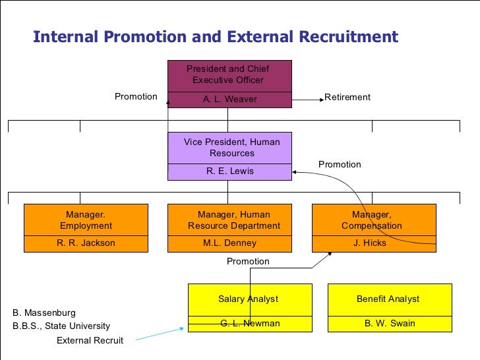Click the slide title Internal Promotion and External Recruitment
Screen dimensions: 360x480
pyautogui.click(x=216, y=36)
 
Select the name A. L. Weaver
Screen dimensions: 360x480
pyautogui.click(x=229, y=100)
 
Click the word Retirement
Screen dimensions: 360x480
pyautogui.click(x=347, y=98)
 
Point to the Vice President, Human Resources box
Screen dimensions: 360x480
pyautogui.click(x=231, y=148)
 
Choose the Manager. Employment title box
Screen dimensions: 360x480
pyautogui.click(x=86, y=220)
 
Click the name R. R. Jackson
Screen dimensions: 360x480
pyautogui.click(x=86, y=243)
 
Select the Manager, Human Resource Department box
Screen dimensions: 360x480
pyautogui.click(x=233, y=220)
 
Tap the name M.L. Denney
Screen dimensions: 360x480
pyautogui.click(x=229, y=243)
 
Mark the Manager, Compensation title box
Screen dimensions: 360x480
pyautogui.click(x=372, y=220)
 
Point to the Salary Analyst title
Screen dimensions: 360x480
pyautogui.click(x=248, y=299)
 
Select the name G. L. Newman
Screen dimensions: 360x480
pyautogui.click(x=250, y=324)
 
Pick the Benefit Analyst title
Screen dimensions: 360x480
pyautogui.click(x=388, y=299)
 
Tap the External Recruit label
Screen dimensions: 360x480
pyautogui.click(x=90, y=340)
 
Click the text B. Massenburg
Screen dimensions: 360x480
pyautogui.click(x=44, y=313)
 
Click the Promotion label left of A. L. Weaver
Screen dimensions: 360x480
pyautogui.click(x=136, y=97)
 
